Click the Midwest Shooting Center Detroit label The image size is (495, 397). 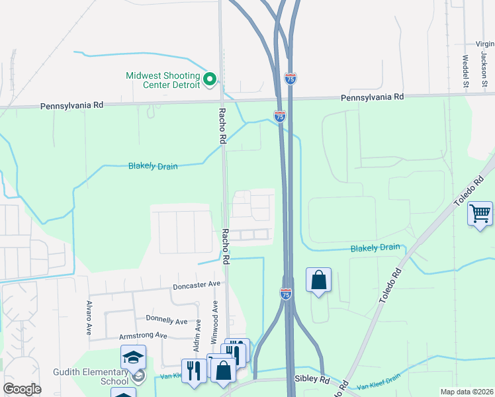(163, 80)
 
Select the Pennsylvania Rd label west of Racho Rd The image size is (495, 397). (73, 105)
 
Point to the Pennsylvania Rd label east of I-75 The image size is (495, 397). (373, 97)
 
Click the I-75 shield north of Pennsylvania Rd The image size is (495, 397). (291, 78)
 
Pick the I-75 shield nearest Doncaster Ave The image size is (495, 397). (286, 293)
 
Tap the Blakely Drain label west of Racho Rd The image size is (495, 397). (153, 166)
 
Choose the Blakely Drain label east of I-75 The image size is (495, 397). (375, 247)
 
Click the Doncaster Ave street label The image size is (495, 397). (196, 286)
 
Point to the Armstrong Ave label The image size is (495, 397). (143, 335)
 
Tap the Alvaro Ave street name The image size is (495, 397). (88, 318)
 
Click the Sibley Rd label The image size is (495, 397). (312, 381)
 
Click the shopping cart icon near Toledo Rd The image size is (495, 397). (480, 214)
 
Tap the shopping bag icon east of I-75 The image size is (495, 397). (318, 280)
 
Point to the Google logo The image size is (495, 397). (22, 389)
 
